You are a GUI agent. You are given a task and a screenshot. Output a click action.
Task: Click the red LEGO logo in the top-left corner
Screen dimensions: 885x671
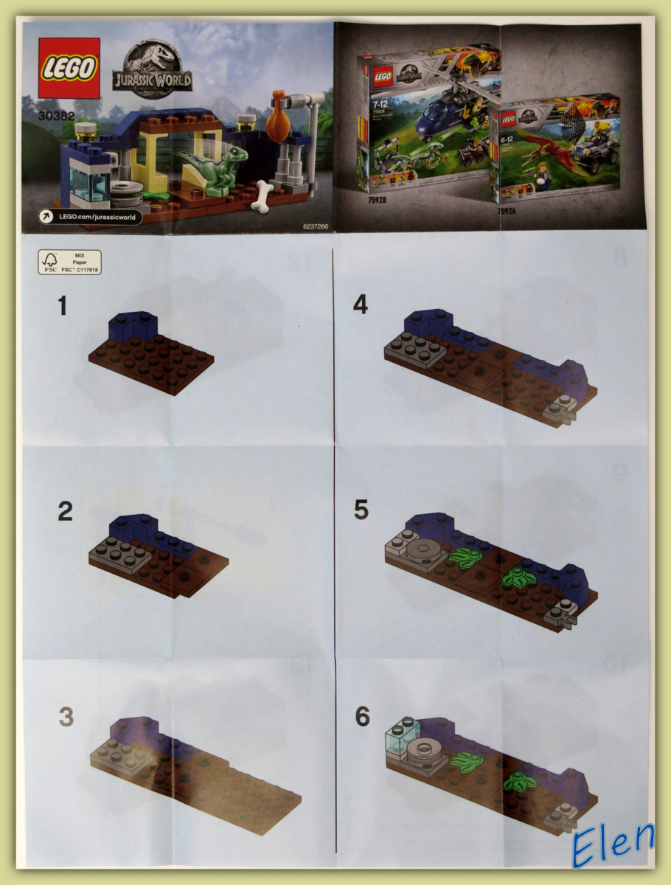pyautogui.click(x=69, y=68)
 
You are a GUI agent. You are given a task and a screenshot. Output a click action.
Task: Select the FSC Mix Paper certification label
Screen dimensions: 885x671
pyautogui.click(x=69, y=263)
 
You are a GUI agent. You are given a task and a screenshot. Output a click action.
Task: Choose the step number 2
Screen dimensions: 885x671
pyautogui.click(x=65, y=512)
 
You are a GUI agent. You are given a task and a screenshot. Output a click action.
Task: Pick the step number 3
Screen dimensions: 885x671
pyautogui.click(x=66, y=717)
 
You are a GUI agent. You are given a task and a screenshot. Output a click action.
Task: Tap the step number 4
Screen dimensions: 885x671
pyautogui.click(x=360, y=305)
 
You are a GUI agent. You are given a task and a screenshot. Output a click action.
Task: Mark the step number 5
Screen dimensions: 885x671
pyautogui.click(x=361, y=510)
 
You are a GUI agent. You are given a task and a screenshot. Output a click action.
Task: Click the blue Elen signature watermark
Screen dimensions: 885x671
pyautogui.click(x=613, y=843)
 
